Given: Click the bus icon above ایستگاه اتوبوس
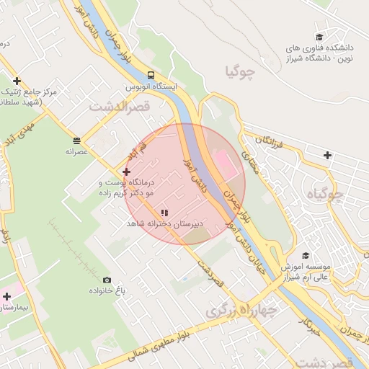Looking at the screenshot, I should (150, 75).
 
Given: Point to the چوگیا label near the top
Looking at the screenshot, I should (241, 72).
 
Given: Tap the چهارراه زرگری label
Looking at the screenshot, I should (241, 311).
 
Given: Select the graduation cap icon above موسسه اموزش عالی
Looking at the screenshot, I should (306, 256).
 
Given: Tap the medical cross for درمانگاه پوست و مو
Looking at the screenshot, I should (127, 172).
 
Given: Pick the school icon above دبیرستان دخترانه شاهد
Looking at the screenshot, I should (164, 213).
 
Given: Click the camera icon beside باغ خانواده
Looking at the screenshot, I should (107, 280).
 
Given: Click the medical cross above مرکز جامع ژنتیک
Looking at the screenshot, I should (17, 81).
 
